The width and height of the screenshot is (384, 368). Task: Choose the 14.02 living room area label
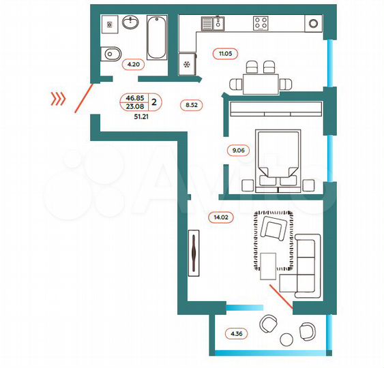pos(219,218)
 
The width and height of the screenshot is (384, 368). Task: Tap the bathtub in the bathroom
pos(156,37)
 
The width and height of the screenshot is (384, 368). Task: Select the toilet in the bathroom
pos(110,53)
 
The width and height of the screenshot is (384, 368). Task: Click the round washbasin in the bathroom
pos(131,23)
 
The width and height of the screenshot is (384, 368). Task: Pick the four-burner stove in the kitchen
pos(261,22)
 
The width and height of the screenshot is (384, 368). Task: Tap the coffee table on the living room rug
pos(268,263)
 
